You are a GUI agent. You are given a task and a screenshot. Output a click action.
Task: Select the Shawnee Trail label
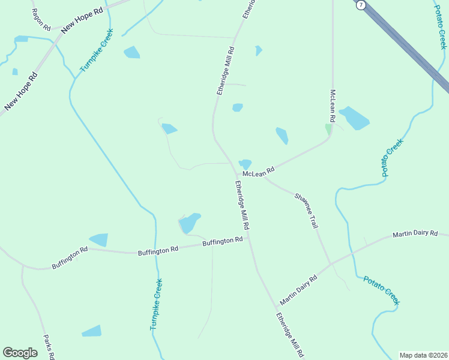pos(306,210)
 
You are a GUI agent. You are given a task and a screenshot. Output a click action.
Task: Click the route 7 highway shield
pos(360,5)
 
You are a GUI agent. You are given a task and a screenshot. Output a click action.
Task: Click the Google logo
pos(20,353)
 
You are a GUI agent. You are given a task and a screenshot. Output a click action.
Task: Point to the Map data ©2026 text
pos(423,355)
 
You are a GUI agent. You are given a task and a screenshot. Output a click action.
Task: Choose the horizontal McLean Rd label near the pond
pos(262,172)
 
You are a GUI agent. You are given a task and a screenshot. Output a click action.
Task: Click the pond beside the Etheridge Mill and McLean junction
pos(245,163)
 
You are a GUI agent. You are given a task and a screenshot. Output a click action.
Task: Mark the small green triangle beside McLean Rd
pos(328,129)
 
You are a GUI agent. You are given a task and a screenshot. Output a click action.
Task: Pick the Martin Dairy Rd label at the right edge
pos(415,233)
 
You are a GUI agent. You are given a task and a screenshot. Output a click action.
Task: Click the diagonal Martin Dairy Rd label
pos(298,290)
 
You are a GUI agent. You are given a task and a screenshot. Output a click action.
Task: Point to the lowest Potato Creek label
pos(381,290)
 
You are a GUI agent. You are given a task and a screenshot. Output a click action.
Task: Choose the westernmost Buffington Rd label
pos(70,259)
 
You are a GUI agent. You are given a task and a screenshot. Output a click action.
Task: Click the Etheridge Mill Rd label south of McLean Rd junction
pos(242,206)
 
